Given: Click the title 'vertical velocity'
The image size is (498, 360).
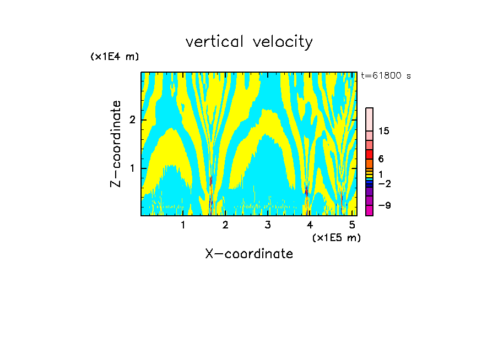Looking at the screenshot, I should pyautogui.click(x=249, y=42).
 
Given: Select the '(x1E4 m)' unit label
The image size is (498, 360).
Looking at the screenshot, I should pyautogui.click(x=115, y=57).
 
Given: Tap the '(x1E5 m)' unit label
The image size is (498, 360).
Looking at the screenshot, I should pyautogui.click(x=336, y=237).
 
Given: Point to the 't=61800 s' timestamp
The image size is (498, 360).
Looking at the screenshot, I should pyautogui.click(x=386, y=76).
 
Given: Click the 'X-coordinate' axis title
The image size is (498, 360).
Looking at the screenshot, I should pyautogui.click(x=249, y=254).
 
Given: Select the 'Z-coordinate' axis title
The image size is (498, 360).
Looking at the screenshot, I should pyautogui.click(x=116, y=144).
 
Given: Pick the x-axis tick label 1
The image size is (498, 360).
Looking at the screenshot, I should pyautogui.click(x=183, y=225).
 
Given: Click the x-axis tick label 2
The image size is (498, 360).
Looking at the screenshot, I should pyautogui.click(x=225, y=225).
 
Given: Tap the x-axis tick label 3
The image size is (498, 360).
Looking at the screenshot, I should pyautogui.click(x=268, y=225).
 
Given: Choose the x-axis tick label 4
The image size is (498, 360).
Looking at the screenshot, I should pyautogui.click(x=310, y=225).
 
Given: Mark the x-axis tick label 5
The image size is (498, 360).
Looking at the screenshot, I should pyautogui.click(x=352, y=225).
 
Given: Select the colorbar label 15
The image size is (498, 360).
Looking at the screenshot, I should pyautogui.click(x=384, y=131).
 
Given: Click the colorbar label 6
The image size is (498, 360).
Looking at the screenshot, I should pyautogui.click(x=381, y=159).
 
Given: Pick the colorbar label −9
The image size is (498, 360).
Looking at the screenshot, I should pyautogui.click(x=384, y=206).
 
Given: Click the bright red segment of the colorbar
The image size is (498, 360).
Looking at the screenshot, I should pyautogui.click(x=369, y=154).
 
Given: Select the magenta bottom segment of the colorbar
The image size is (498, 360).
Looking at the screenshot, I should pyautogui.click(x=369, y=210).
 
